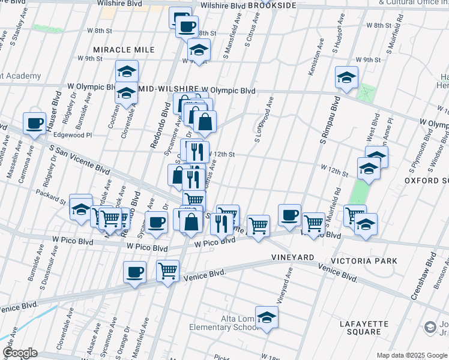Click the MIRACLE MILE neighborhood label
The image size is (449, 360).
coord(124,49)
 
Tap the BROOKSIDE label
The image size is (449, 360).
coord(272,5)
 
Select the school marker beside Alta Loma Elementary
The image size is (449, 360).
coord(267,317)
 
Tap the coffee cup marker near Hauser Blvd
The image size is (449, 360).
coord(34,124)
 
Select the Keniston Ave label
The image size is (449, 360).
coord(312,58)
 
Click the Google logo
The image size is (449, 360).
coord(19,353)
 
